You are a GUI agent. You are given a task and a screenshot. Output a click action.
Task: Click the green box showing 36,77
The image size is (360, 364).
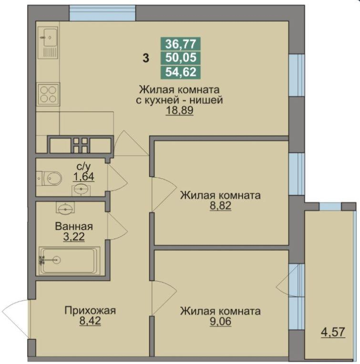pos(181,44)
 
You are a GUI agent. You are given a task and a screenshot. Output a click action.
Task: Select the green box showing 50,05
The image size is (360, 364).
pos(181,58)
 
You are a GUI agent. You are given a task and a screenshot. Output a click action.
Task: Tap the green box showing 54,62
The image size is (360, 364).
pos(181,72)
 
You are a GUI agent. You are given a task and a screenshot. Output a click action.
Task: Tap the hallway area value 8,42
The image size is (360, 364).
pos(90,321)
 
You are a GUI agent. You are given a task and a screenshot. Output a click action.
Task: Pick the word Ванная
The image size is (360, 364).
pos(73,226)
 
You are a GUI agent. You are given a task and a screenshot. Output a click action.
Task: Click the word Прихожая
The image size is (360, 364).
pos(90,311)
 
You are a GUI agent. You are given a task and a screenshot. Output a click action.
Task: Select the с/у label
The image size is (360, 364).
pos(83,167)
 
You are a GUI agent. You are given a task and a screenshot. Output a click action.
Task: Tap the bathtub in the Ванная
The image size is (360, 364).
pos(69,260)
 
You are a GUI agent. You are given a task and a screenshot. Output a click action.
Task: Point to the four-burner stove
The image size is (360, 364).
pos(48,93)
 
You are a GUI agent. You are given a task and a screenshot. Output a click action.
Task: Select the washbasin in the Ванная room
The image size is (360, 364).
pos(65,208)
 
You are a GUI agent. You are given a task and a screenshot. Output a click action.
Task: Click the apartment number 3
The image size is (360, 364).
pos(145,59)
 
